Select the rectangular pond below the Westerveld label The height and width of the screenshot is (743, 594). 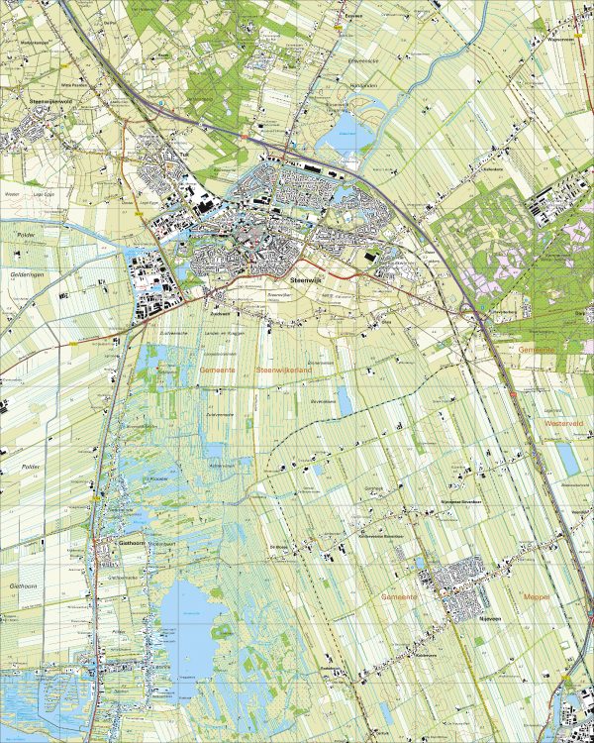tap(566, 457)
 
